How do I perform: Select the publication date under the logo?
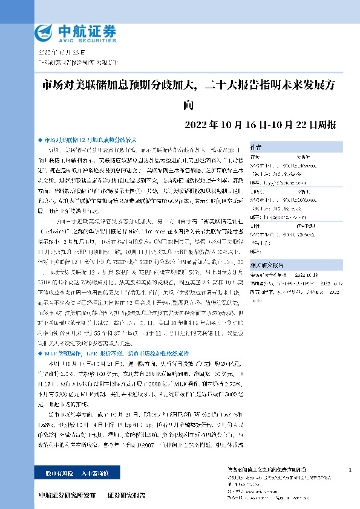click(x=59, y=53)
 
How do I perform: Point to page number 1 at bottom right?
click(x=350, y=470)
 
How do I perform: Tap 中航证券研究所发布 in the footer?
click(x=66, y=496)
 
